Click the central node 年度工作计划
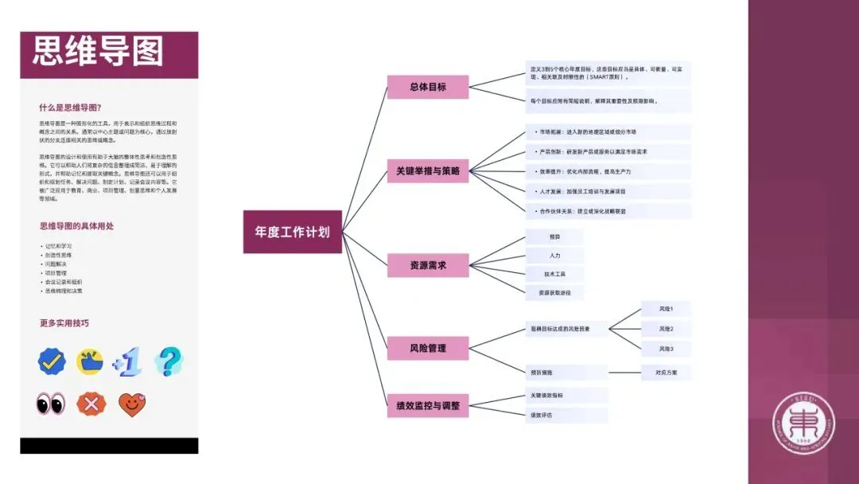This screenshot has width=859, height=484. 292,232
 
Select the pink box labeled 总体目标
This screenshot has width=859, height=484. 428,88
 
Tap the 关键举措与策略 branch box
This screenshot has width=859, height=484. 428,170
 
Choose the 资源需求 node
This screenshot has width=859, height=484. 428,265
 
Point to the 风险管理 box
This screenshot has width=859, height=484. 428,348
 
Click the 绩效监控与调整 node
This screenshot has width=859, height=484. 428,405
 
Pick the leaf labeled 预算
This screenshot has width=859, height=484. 554,237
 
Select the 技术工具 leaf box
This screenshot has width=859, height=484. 554,274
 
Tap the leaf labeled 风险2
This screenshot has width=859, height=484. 666,329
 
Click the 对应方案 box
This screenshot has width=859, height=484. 666,372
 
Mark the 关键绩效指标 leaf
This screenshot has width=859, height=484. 566,396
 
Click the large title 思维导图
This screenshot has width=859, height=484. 98,53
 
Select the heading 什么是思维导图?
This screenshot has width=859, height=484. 70,108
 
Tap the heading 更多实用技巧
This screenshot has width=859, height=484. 64,323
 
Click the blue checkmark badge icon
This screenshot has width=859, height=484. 52,362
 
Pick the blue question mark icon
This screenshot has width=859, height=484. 168,361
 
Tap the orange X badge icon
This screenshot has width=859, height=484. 91,404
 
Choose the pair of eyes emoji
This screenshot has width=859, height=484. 51,404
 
